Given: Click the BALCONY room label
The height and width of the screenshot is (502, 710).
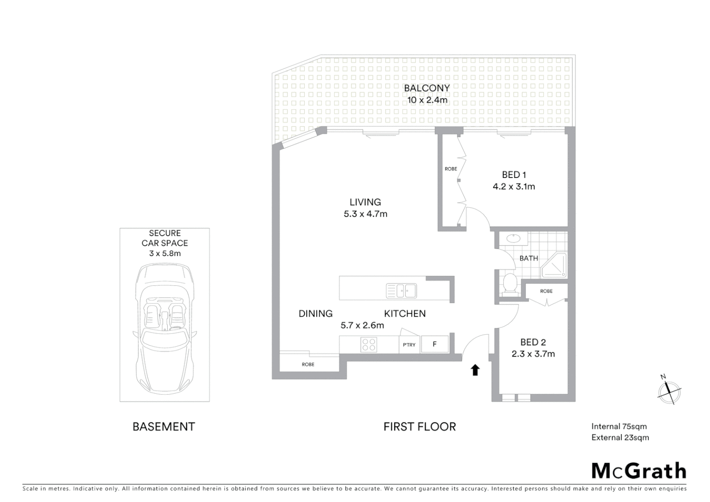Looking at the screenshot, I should [427, 88].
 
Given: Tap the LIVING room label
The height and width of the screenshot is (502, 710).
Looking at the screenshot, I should [365, 202].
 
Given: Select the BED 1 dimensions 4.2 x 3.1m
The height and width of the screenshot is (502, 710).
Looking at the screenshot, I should [513, 187].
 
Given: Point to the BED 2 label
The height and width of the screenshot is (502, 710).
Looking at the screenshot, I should [533, 342].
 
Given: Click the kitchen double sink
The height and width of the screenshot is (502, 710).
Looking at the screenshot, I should [401, 291].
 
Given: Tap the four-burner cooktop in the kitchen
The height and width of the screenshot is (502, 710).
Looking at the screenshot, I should [369, 344].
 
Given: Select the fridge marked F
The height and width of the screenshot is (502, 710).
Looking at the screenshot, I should [434, 344].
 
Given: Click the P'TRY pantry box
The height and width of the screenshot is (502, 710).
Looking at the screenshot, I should [409, 345].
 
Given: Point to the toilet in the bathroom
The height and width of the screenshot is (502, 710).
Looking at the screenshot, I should [510, 283].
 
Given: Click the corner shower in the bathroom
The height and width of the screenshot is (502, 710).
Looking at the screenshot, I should [555, 266].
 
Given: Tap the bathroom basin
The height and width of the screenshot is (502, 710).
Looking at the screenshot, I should [513, 239].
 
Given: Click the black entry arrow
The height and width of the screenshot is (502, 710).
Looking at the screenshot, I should [475, 370].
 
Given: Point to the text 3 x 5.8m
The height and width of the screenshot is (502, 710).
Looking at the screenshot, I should [164, 253].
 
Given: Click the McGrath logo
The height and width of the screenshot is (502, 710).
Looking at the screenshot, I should [638, 471].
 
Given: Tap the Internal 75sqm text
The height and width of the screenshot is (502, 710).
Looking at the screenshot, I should [619, 426].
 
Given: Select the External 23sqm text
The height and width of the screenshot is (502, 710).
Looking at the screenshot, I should [620, 437].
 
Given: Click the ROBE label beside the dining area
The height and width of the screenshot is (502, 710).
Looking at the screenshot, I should [308, 364].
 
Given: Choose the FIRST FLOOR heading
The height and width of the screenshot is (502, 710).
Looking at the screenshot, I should [420, 427].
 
